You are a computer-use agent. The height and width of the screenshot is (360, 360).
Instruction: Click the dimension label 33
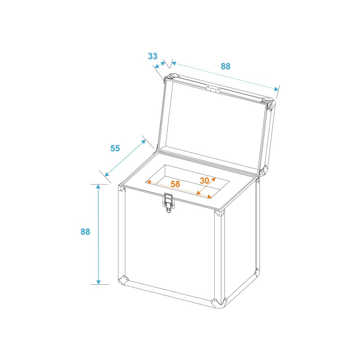pyautogui.click(x=153, y=56)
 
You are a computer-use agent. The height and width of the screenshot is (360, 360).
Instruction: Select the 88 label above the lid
pyautogui.click(x=225, y=66)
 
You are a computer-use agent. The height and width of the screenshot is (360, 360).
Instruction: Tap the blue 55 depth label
pyautogui.click(x=115, y=148)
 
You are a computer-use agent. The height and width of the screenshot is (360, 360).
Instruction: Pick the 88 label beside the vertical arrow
pyautogui.click(x=85, y=232)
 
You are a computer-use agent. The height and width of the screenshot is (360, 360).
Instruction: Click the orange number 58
pyautogui.click(x=175, y=184)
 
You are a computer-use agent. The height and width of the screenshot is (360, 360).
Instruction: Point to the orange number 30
pyautogui.click(x=204, y=180)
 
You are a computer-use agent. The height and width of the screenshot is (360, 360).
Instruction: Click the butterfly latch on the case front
pyautogui.click(x=168, y=202)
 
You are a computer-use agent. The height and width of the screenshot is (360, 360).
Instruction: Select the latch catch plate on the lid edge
pyautogui.click(x=213, y=89)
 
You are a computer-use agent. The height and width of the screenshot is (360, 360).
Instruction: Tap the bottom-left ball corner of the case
pyautogui.click(x=123, y=280)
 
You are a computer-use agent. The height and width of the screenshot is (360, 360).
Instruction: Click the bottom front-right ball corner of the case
pyautogui.click(x=219, y=303)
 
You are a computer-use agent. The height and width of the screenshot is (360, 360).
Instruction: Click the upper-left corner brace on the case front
pyautogui.click(x=121, y=189)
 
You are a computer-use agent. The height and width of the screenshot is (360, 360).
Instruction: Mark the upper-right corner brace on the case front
pyautogui.click(x=219, y=213)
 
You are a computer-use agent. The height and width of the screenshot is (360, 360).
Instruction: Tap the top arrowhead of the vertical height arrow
pyautogui.click(x=98, y=186)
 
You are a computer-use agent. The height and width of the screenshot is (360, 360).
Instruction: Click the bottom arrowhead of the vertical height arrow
pyautogui.click(x=99, y=282)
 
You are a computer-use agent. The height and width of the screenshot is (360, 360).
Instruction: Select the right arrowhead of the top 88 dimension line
pyautogui.click(x=276, y=89)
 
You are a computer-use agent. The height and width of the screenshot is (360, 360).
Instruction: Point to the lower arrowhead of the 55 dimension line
pyautogui.click(x=107, y=174)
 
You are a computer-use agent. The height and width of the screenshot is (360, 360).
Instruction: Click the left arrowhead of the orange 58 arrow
pyautogui.click(x=148, y=182)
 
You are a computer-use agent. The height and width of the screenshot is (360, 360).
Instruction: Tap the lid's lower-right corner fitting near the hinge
pyautogui.click(x=263, y=171)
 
